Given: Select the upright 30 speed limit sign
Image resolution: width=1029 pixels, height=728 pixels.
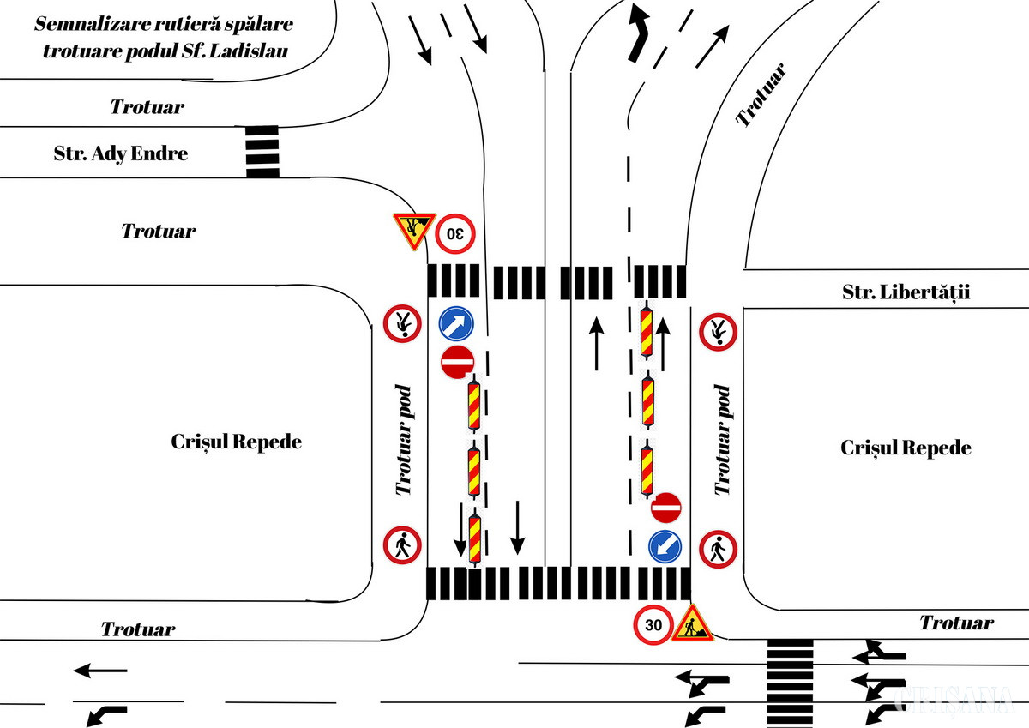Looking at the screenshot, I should (x=654, y=625).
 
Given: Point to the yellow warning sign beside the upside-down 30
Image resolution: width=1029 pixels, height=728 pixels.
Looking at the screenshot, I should (x=413, y=229).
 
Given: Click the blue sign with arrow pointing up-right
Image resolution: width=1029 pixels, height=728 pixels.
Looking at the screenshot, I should (x=457, y=324).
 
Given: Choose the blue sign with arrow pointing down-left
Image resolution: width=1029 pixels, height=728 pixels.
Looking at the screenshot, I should (x=666, y=546).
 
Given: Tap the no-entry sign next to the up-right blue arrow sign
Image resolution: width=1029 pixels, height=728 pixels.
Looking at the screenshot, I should (x=457, y=362).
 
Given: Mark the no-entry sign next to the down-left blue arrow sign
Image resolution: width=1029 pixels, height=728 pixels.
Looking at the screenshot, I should (x=666, y=508).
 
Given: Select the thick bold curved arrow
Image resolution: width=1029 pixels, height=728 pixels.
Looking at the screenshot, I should (x=638, y=32).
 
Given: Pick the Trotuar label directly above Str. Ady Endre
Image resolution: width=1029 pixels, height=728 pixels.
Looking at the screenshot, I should (x=147, y=107).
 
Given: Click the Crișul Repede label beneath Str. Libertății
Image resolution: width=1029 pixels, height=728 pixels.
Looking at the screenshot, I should (x=906, y=448).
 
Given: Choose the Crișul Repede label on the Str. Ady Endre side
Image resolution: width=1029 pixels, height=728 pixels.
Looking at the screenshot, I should (x=237, y=442).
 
